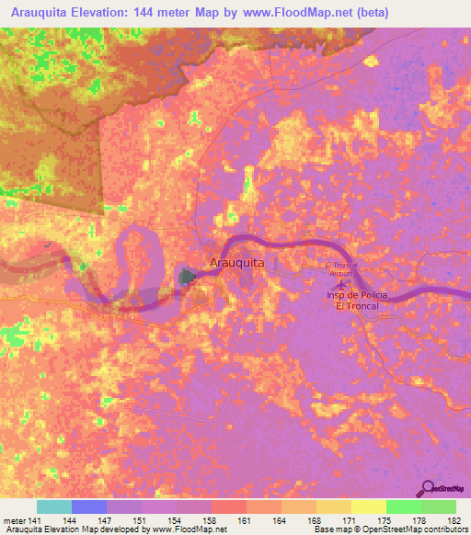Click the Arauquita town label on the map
pos(237,263)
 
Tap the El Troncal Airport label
pos(346,268)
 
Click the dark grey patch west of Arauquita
pos(189,276)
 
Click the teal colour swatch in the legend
pos(53,507)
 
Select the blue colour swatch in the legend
pos(88,507)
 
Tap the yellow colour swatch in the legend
pos(368,507)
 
